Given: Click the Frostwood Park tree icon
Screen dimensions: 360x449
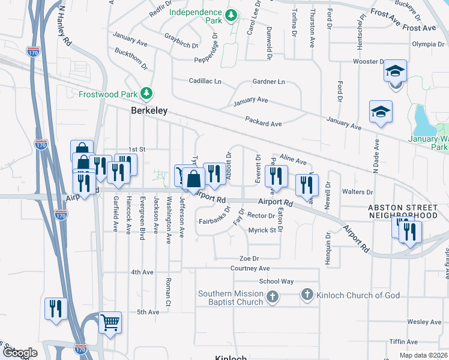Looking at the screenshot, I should (x=146, y=93).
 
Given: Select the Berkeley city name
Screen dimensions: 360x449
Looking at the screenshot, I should (x=149, y=111).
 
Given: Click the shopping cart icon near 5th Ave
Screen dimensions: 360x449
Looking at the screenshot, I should (x=110, y=322).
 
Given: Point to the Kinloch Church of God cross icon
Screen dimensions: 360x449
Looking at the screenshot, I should (x=307, y=295).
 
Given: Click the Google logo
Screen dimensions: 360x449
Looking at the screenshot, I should (x=20, y=353).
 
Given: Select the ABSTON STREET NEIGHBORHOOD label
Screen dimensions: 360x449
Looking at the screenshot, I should (x=403, y=211).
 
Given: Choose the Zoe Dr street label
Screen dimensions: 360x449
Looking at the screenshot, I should (x=247, y=259).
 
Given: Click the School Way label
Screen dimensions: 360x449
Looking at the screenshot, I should (x=276, y=281).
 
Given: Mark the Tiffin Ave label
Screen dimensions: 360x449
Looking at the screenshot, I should (x=403, y=341).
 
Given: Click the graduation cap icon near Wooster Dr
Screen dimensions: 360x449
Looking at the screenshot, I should (x=396, y=71).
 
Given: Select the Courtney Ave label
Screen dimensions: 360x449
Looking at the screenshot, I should (x=250, y=269).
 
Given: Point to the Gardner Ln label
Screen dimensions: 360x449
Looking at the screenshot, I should (x=268, y=82).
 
